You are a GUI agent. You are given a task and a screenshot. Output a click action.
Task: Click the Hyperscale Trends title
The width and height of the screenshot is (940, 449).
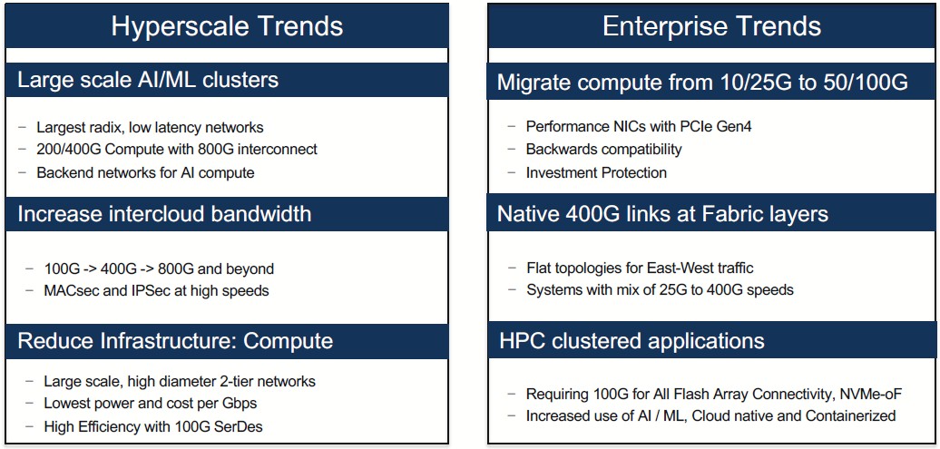click(227, 27)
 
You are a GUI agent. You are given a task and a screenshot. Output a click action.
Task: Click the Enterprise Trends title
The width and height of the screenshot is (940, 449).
click(711, 27)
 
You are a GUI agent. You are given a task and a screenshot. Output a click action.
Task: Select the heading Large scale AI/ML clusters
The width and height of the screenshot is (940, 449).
click(148, 80)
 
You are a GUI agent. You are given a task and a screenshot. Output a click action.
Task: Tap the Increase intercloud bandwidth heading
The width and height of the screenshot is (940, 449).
click(165, 214)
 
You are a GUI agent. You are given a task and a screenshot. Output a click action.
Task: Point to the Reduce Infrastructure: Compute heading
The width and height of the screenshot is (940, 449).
click(175, 341)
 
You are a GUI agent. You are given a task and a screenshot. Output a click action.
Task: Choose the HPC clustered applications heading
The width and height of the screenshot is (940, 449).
click(632, 341)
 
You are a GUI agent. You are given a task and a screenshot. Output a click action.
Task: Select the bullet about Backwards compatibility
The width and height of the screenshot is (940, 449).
click(603, 150)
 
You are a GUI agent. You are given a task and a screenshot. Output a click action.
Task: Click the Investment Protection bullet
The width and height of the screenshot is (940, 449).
click(596, 172)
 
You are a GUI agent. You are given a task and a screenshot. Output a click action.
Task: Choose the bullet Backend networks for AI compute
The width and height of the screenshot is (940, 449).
click(146, 172)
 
